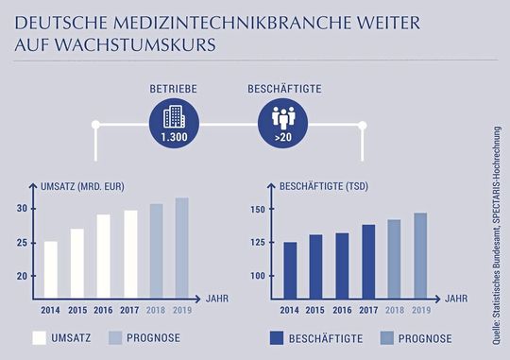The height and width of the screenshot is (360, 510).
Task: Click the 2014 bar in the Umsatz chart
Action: pyautogui.click(x=51, y=268)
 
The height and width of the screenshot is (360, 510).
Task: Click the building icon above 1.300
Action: pyautogui.click(x=173, y=118)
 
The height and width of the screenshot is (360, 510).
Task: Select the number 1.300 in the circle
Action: pyautogui.click(x=173, y=139)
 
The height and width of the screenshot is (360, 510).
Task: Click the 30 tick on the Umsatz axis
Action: pyautogui.click(x=22, y=208)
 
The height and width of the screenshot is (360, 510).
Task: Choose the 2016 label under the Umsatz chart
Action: pyautogui.click(x=103, y=309)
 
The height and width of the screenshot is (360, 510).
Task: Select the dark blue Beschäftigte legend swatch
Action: pyautogui.click(x=278, y=337)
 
